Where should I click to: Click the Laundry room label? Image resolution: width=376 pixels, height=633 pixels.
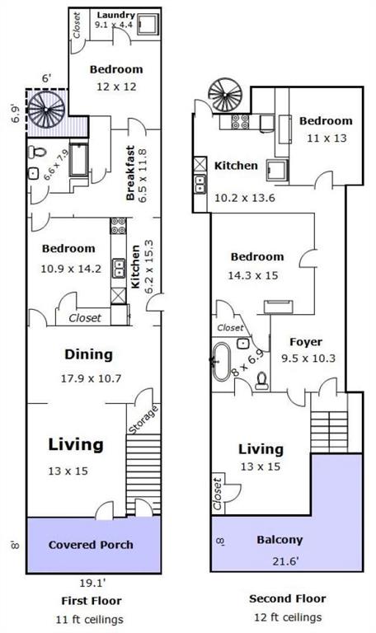click(116, 16)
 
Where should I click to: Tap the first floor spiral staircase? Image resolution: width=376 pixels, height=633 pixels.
click(46, 110)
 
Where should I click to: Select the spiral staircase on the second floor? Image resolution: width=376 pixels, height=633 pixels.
click(225, 96)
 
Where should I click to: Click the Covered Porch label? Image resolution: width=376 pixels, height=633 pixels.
click(91, 545)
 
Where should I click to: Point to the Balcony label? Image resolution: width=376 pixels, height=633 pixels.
click(280, 540)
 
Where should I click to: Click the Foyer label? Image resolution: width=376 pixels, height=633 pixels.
click(306, 342)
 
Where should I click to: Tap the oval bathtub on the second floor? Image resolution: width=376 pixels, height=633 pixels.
click(221, 362)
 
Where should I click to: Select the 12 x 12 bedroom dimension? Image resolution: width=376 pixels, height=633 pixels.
click(116, 87)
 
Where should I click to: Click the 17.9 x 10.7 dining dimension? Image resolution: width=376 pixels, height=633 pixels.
click(91, 378)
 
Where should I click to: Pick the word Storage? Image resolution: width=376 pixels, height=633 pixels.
click(143, 420)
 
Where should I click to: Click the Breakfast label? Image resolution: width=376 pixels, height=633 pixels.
click(130, 173)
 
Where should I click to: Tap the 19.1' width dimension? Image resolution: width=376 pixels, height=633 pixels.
click(93, 583)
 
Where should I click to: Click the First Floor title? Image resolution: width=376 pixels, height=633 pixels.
click(92, 601)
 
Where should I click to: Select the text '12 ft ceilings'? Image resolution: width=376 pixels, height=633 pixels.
click(288, 617)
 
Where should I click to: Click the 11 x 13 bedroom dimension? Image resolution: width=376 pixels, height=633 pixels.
click(327, 138)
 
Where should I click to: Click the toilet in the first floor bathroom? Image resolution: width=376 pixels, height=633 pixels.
click(37, 152)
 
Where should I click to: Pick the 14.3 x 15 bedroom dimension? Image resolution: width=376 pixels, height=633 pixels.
click(253, 276)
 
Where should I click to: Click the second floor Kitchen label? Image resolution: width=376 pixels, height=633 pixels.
click(236, 166)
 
